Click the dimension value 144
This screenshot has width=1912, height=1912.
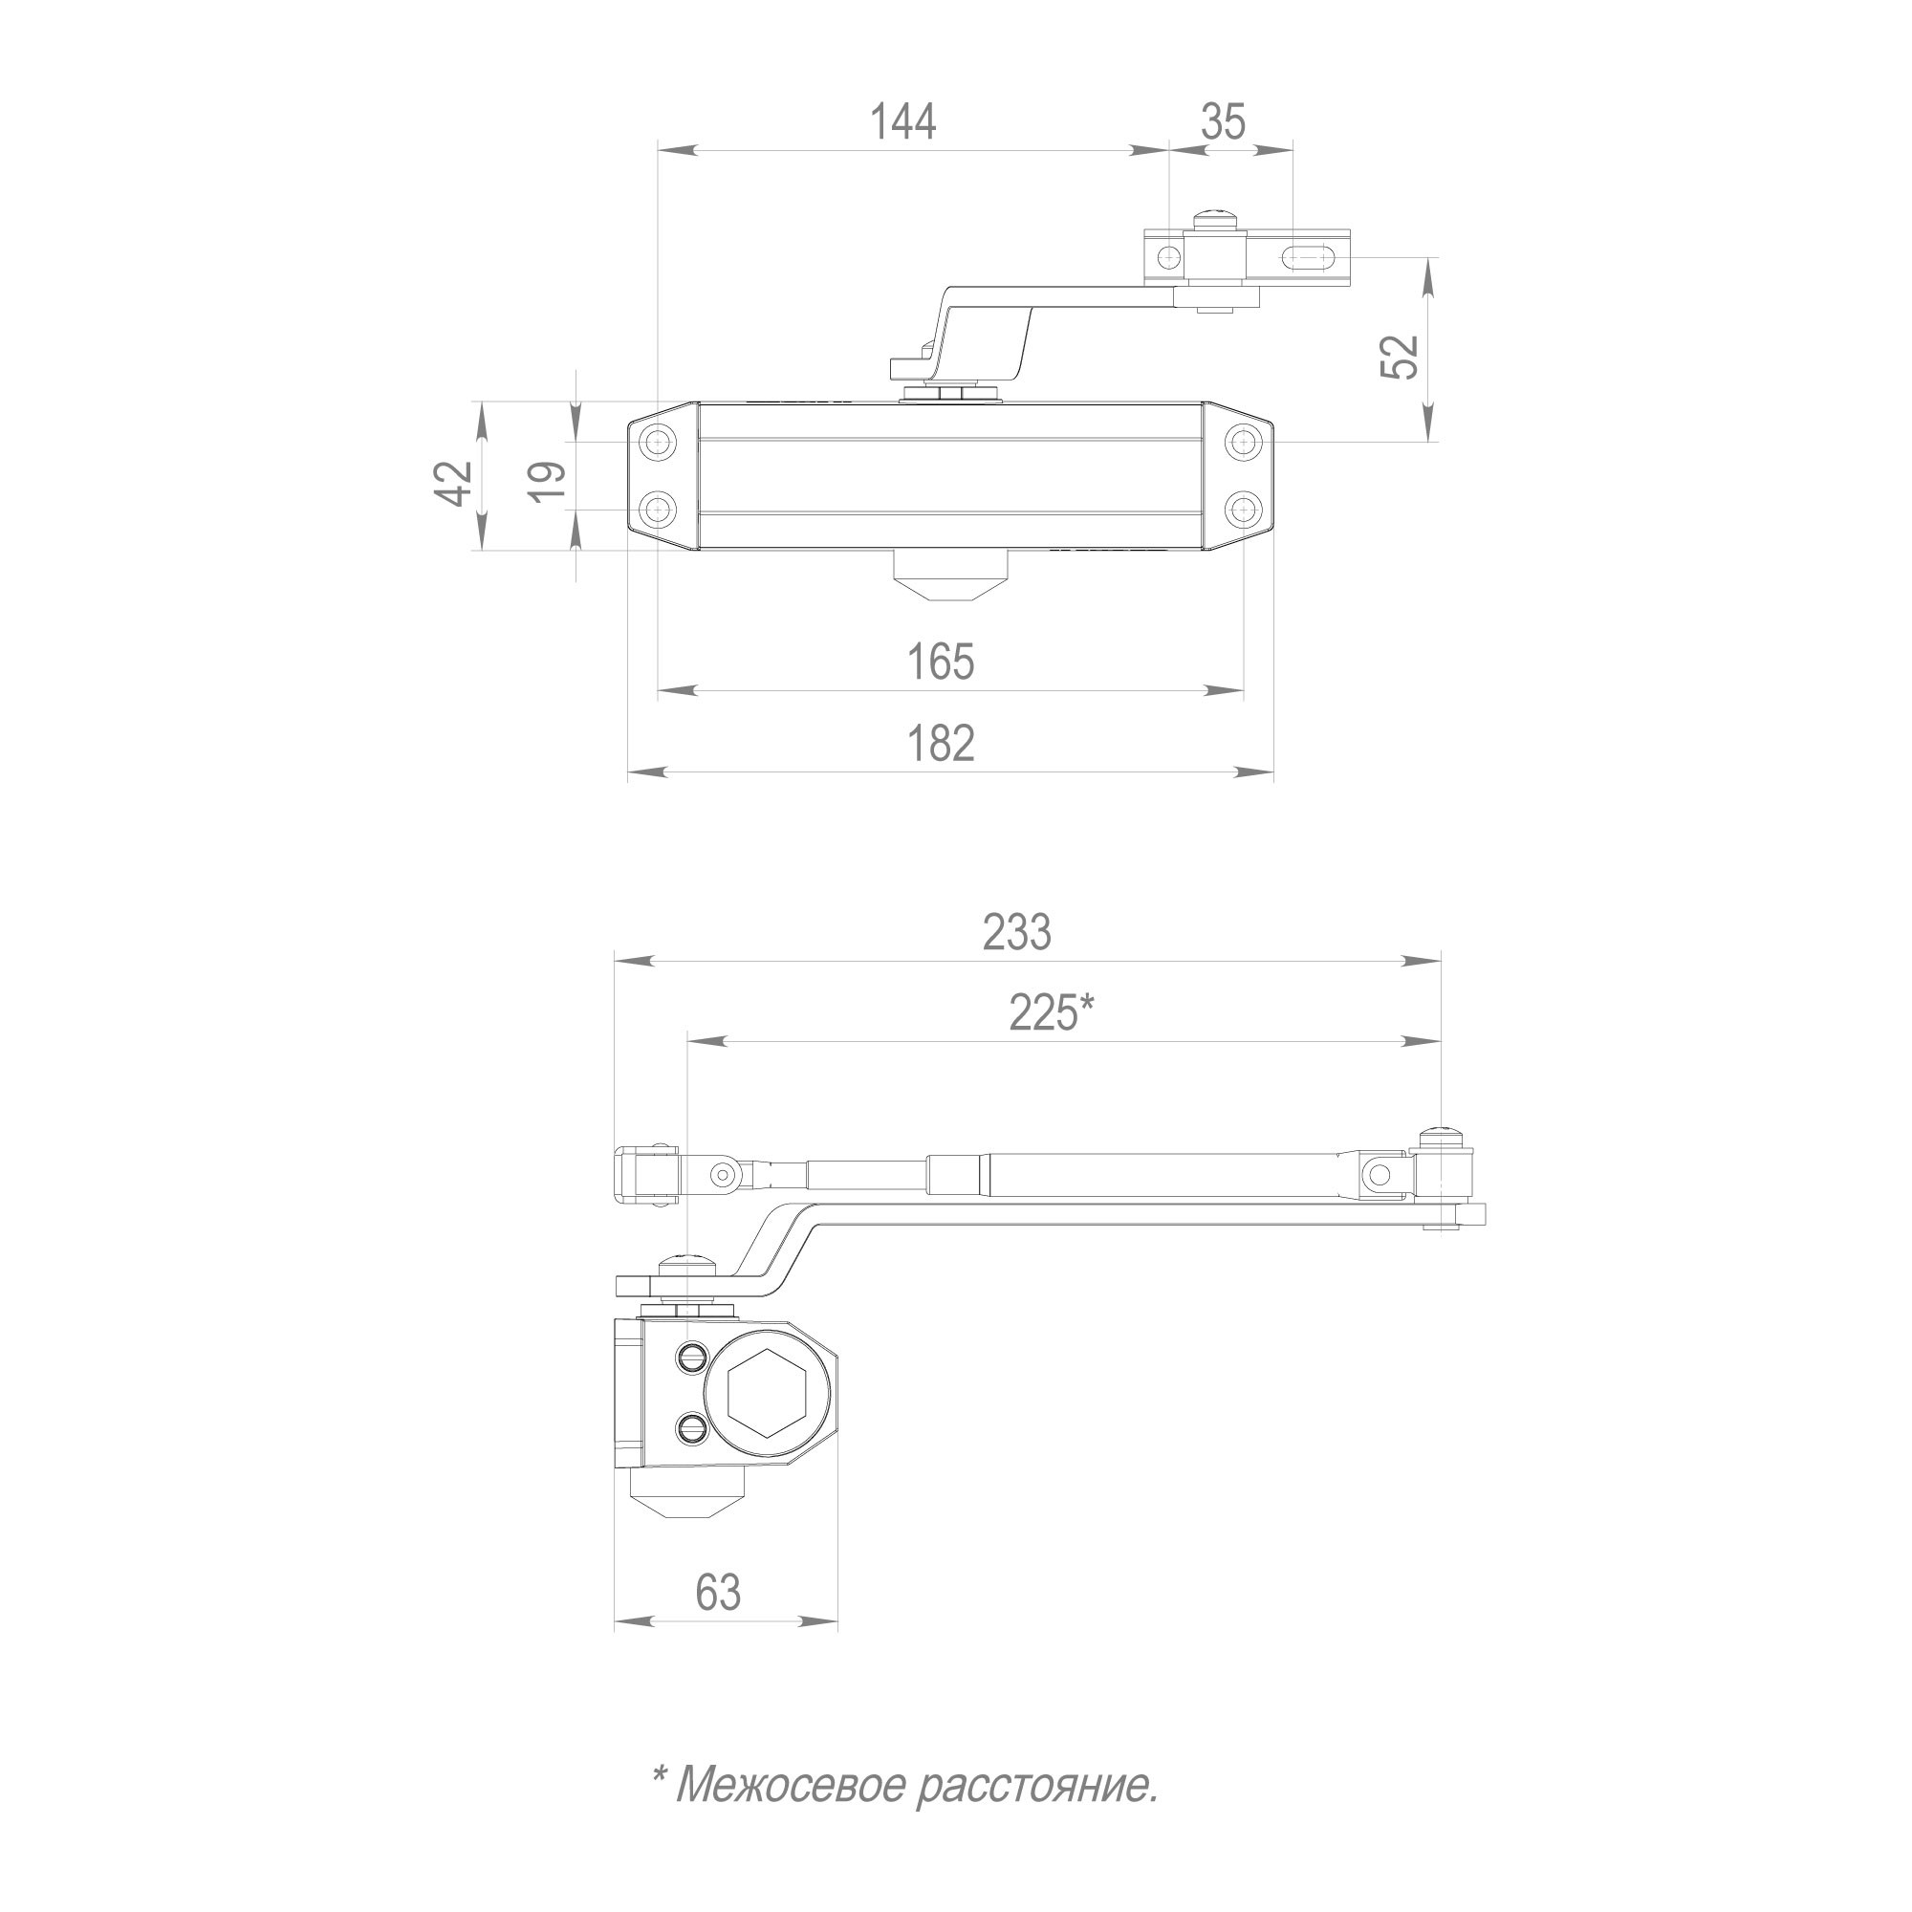coord(902,121)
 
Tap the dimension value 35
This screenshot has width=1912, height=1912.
coord(1224,121)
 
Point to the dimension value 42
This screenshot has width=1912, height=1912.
coord(456,483)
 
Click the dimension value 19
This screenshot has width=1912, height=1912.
coord(547,483)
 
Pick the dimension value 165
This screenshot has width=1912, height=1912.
coord(940,662)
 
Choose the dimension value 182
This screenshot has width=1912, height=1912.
coord(940,743)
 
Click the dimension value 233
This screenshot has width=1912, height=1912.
coord(1016,932)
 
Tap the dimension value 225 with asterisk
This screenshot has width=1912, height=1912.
coord(1051,1012)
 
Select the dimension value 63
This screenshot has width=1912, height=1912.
coord(718,1593)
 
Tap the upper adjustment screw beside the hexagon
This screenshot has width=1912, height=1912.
coord(692,1357)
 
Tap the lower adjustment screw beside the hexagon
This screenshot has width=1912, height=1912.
coord(692,1428)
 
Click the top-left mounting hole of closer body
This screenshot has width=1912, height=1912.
coord(656,442)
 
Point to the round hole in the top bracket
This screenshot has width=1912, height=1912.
coord(1169,257)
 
